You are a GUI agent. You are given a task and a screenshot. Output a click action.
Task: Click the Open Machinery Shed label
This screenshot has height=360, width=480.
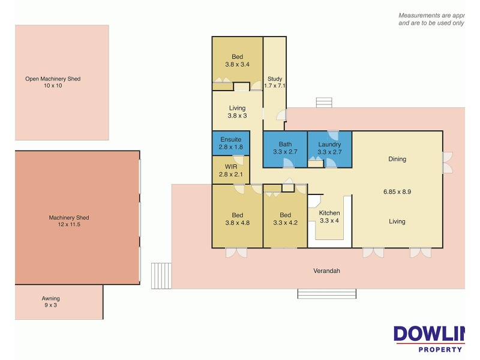52,82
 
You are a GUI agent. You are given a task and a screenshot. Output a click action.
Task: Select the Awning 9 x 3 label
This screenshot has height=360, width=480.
50,302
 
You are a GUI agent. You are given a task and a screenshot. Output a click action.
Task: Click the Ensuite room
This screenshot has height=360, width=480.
230,143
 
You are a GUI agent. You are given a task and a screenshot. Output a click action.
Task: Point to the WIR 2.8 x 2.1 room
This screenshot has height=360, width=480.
230,170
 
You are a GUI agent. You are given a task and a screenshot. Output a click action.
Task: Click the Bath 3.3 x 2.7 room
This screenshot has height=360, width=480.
285,148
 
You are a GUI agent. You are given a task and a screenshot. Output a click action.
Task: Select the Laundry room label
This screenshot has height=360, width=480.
329,145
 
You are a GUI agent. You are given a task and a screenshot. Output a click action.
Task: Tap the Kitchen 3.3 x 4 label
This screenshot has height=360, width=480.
329,217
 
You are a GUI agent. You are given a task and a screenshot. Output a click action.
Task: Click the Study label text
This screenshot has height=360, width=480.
275,79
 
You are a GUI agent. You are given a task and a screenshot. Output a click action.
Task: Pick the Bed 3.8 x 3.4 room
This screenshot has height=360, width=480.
237,61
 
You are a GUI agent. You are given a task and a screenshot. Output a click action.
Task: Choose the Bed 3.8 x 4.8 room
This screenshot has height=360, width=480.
237,219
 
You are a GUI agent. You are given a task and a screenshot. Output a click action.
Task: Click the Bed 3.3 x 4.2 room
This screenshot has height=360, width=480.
285,219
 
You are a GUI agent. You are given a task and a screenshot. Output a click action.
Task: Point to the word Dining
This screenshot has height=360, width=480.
397,159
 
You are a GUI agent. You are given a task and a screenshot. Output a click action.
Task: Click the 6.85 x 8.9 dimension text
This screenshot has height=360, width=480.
397,192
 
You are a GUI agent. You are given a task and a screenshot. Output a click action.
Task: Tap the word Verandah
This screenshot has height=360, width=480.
326,271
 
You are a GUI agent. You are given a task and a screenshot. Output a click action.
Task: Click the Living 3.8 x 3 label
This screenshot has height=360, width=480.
237,112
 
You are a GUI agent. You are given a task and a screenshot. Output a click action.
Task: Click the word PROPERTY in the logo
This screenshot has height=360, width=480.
440,349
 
